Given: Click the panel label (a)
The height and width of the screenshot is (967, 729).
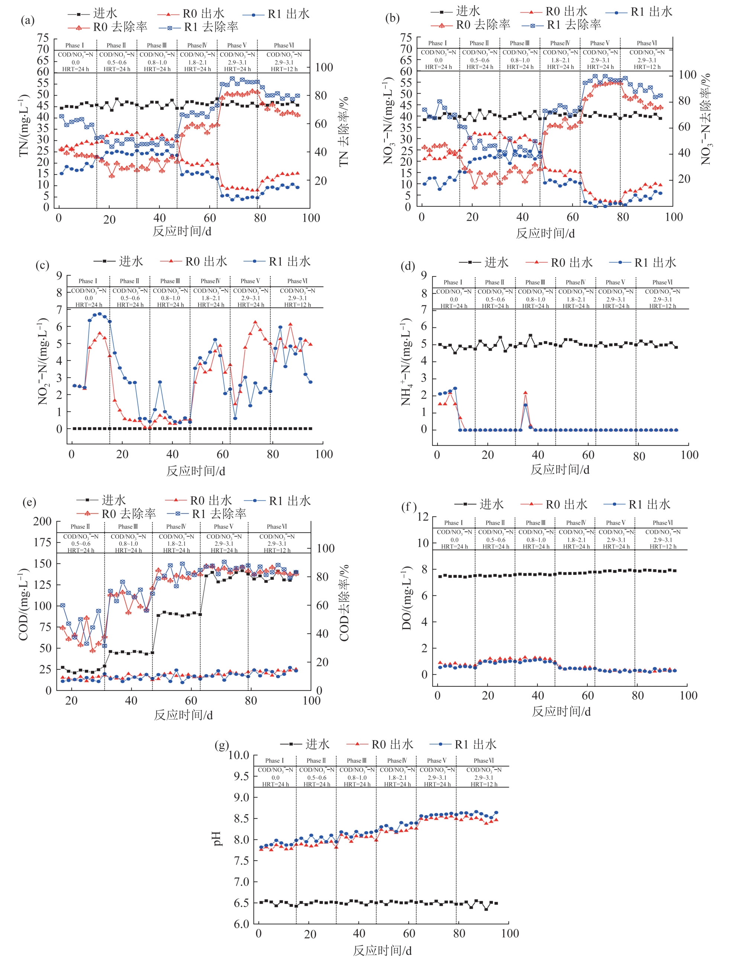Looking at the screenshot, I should pyautogui.click(x=28, y=20).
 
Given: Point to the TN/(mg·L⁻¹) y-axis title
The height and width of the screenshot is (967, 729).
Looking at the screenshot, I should pyautogui.click(x=24, y=125).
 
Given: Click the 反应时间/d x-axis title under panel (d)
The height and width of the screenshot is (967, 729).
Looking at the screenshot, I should pyautogui.click(x=560, y=470).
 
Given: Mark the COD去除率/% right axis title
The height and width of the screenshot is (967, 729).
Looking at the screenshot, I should pyautogui.click(x=345, y=603).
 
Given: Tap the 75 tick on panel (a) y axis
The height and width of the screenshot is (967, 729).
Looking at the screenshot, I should pyautogui.click(x=43, y=38).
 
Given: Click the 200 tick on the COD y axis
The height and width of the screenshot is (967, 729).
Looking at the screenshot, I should pyautogui.click(x=42, y=521).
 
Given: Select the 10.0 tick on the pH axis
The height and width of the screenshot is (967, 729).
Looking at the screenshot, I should pyautogui.click(x=239, y=755).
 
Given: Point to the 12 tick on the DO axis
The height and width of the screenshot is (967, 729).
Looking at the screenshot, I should pyautogui.click(x=423, y=517).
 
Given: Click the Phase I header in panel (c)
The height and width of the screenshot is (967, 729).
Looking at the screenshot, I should pyautogui.click(x=88, y=281).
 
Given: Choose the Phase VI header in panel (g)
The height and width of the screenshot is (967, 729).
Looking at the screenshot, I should pyautogui.click(x=484, y=761).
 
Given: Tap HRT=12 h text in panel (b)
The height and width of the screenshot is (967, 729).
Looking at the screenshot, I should pyautogui.click(x=647, y=67).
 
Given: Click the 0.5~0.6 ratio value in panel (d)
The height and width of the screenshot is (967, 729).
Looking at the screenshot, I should pyautogui.click(x=495, y=300).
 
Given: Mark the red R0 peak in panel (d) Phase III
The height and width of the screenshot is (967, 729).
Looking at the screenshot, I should pyautogui.click(x=525, y=393).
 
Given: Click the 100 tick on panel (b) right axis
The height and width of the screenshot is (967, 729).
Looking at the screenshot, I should pyautogui.click(x=687, y=75).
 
